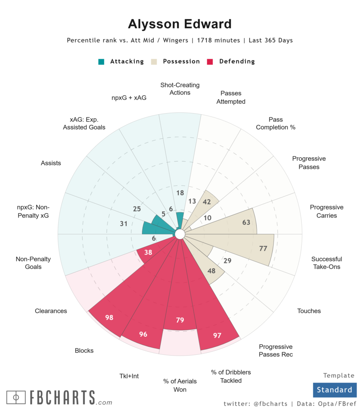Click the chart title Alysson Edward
pyautogui.click(x=180, y=24)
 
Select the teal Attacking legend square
pyautogui.click(x=102, y=62)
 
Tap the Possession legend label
pyautogui.click(x=181, y=61)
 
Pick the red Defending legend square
pyautogui.click(x=210, y=62)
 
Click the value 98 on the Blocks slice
pyautogui.click(x=109, y=317)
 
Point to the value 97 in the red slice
pyautogui.click(x=217, y=335)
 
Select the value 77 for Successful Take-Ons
pyautogui.click(x=263, y=248)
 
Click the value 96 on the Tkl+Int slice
pyautogui.click(x=143, y=334)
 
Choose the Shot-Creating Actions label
pyautogui.click(x=180, y=89)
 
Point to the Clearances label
pyautogui.click(x=51, y=311)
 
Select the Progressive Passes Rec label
pyautogui.click(x=276, y=350)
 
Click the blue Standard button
pyautogui.click(x=334, y=390)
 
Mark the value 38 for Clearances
pyautogui.click(x=148, y=253)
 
